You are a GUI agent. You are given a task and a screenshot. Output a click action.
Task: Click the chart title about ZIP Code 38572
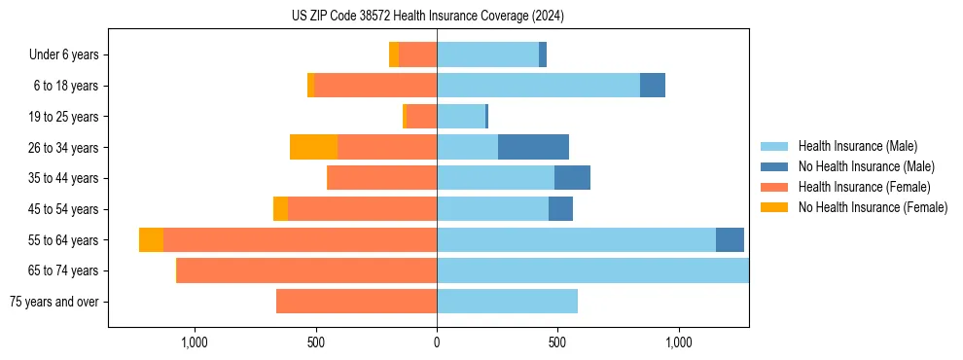click(x=428, y=16)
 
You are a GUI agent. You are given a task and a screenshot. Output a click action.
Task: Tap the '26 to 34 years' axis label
click(x=63, y=148)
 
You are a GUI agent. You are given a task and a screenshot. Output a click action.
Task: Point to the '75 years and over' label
click(x=54, y=302)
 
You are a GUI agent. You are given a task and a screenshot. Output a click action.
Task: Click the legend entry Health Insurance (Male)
click(x=857, y=146)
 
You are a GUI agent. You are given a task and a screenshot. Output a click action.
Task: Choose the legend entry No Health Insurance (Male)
click(x=866, y=166)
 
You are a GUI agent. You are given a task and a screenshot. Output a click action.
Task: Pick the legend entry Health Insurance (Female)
click(x=864, y=187)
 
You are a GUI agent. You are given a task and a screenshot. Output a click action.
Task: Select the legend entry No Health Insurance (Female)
click(x=873, y=207)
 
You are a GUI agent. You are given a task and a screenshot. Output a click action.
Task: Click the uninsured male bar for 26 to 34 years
click(x=533, y=147)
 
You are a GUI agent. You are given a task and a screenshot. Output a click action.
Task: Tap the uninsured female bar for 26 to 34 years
click(x=313, y=147)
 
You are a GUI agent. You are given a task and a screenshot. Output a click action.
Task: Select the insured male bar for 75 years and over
click(x=507, y=302)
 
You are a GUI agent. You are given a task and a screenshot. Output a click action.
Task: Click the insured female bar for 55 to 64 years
click(x=300, y=240)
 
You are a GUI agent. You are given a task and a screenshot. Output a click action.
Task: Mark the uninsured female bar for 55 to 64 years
click(x=151, y=240)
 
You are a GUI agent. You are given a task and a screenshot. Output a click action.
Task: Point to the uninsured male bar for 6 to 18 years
click(x=652, y=86)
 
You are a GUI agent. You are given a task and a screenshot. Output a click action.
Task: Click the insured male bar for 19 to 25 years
click(x=460, y=117)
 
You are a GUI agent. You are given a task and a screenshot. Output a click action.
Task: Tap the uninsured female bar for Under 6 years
click(x=394, y=54)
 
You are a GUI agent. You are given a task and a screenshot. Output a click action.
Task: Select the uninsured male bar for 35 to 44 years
click(x=572, y=178)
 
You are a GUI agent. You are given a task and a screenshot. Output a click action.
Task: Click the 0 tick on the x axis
click(x=437, y=342)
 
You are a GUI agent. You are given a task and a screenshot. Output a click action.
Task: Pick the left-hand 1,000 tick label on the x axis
click(x=195, y=342)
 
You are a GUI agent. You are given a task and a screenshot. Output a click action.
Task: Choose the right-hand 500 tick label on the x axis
click(x=557, y=342)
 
